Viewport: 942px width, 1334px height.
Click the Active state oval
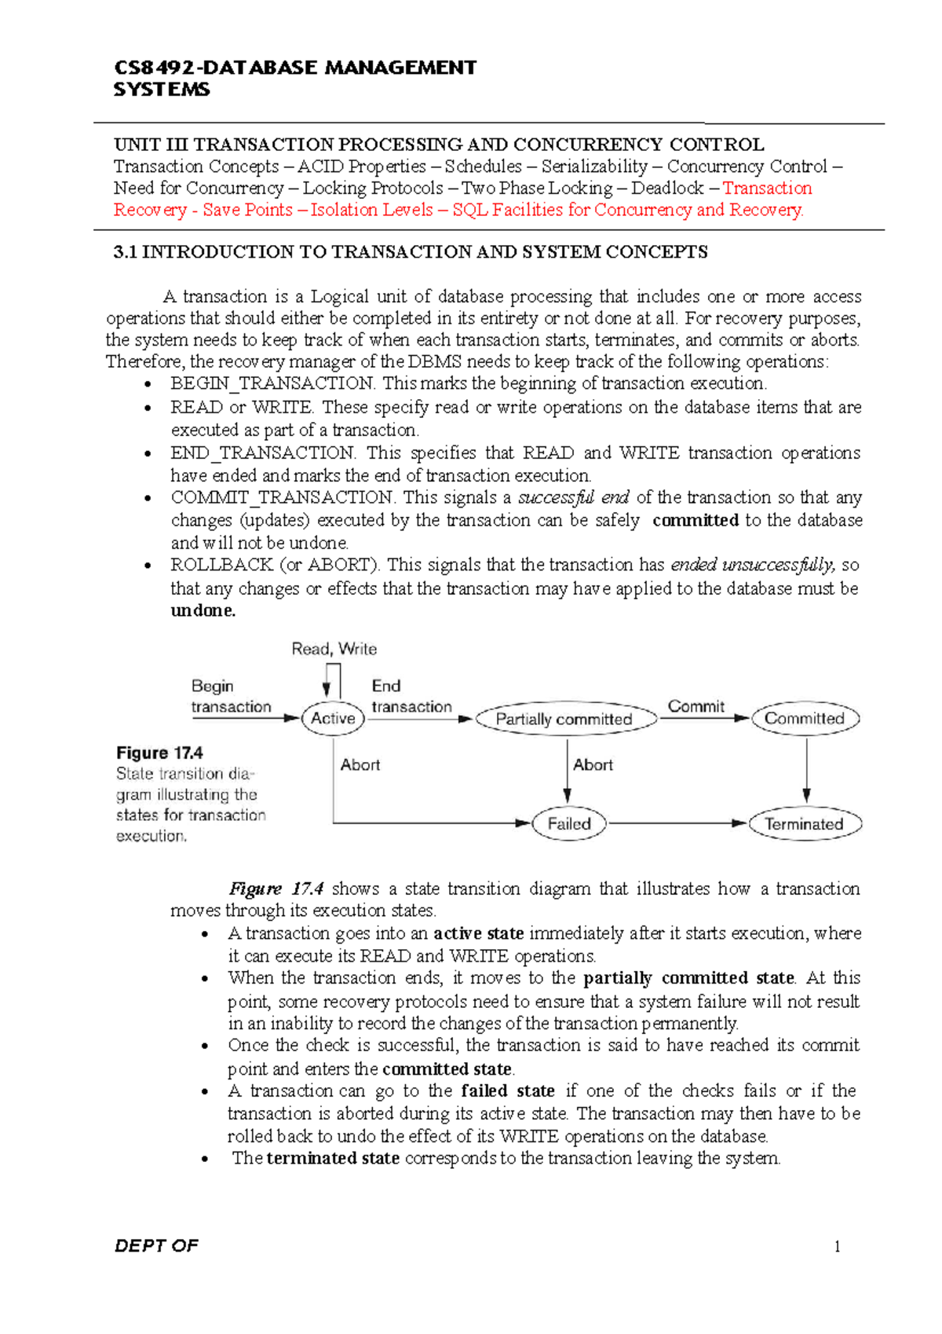333,718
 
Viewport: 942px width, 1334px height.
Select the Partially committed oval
564,719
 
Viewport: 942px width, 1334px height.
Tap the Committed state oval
805,718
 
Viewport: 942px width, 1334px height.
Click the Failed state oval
568,824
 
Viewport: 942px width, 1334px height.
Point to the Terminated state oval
805,824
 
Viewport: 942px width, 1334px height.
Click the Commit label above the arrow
696,706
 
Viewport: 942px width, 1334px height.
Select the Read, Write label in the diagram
334,649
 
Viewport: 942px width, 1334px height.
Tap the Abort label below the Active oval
360,764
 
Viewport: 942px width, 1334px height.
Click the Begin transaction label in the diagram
230,696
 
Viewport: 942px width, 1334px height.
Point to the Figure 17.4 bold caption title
160,753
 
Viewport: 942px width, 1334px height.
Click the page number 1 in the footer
837,1247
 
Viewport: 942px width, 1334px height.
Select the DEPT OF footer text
156,1246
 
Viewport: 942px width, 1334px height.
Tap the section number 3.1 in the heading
125,252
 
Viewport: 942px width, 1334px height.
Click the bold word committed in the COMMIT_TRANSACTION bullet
696,520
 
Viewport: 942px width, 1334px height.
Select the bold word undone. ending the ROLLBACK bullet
203,610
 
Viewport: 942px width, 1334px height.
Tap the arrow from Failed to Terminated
677,823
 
